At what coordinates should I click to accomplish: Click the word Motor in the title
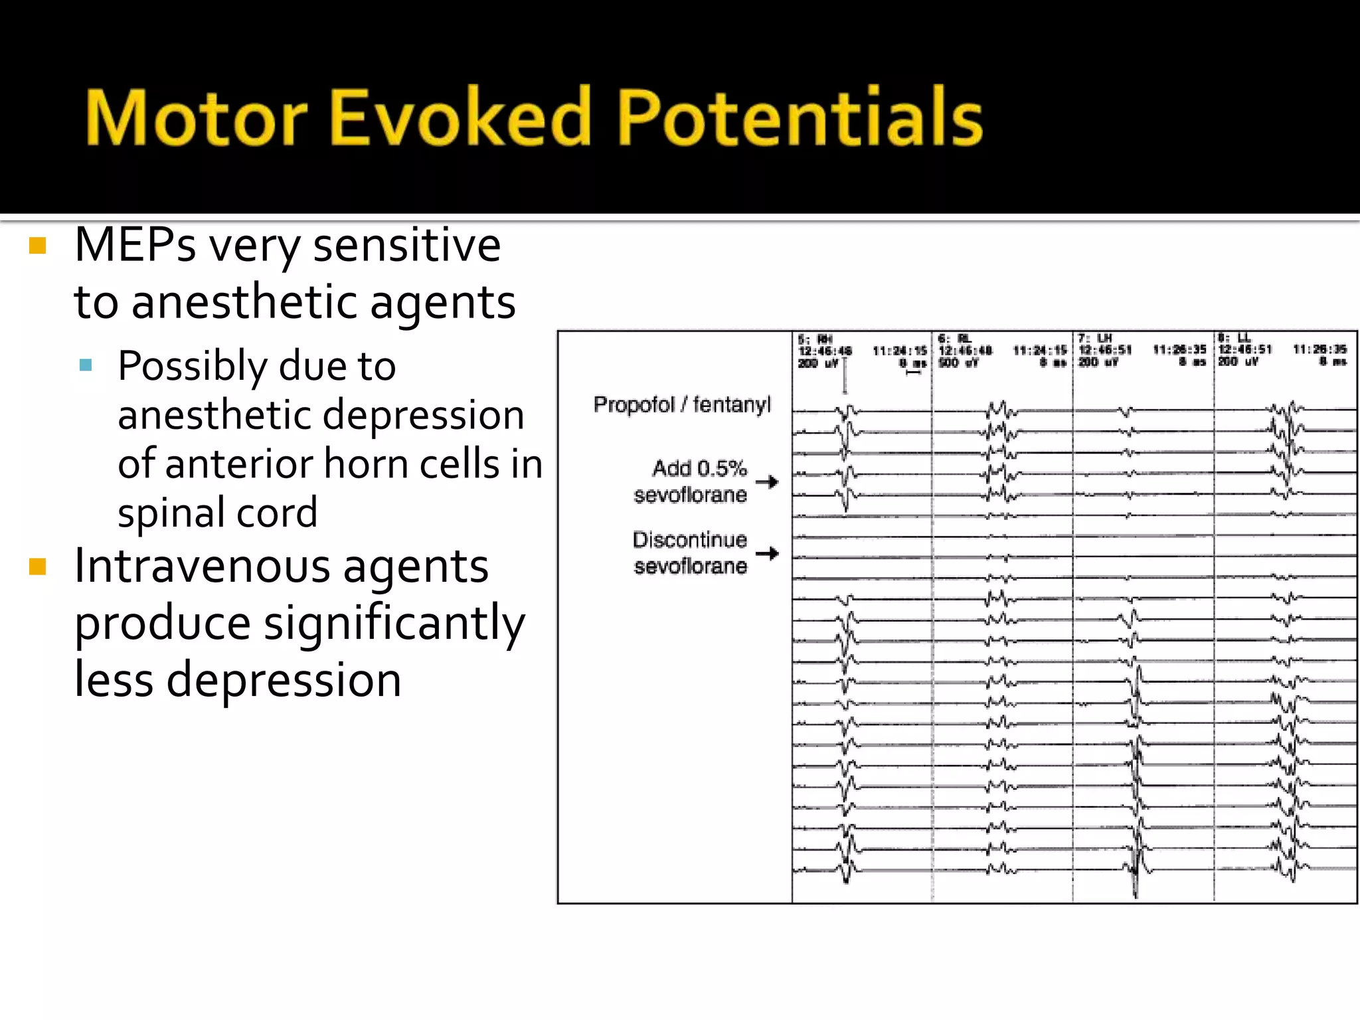pyautogui.click(x=197, y=118)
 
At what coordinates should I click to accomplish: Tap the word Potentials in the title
pyautogui.click(x=800, y=118)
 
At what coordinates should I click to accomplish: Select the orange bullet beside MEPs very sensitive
pyautogui.click(x=38, y=246)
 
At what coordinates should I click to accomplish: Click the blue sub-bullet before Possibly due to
pyautogui.click(x=85, y=365)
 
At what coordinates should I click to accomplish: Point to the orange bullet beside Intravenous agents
pyautogui.click(x=38, y=566)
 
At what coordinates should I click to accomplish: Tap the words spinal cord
pyautogui.click(x=217, y=513)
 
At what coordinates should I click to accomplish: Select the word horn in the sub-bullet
pyautogui.click(x=367, y=464)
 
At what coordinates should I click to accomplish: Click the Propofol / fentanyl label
pyautogui.click(x=682, y=404)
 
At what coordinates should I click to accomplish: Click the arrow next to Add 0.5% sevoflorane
pyautogui.click(x=767, y=481)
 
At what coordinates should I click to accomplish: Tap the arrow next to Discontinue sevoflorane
pyautogui.click(x=767, y=553)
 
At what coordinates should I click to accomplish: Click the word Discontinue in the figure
pyautogui.click(x=689, y=540)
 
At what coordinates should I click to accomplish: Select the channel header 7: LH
pyautogui.click(x=1095, y=339)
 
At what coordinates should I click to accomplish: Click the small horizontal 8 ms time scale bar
pyautogui.click(x=914, y=373)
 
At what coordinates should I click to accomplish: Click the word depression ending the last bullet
pyautogui.click(x=284, y=680)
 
